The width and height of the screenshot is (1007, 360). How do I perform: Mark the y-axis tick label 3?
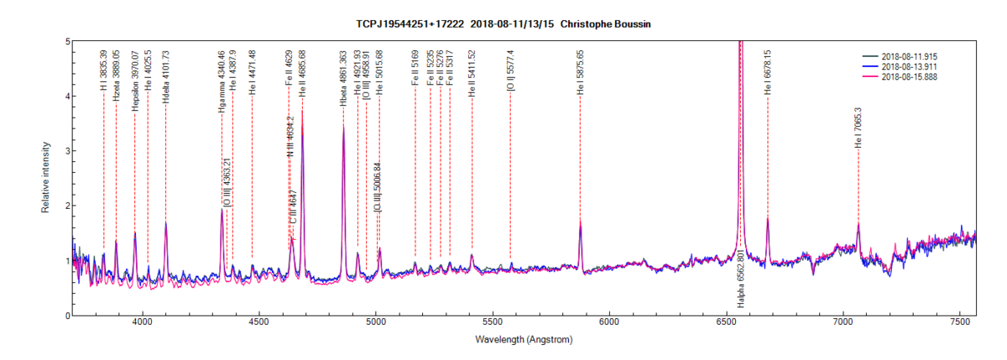(x=66, y=151)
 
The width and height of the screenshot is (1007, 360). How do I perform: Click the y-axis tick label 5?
(x=66, y=41)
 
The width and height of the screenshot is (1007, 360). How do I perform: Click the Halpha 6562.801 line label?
(x=741, y=278)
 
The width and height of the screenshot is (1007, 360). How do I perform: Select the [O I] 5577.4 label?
(x=510, y=71)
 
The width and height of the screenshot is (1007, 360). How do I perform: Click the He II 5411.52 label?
(x=472, y=73)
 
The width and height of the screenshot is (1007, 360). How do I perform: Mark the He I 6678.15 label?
(x=767, y=71)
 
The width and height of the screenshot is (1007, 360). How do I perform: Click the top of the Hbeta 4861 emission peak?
(x=343, y=126)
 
